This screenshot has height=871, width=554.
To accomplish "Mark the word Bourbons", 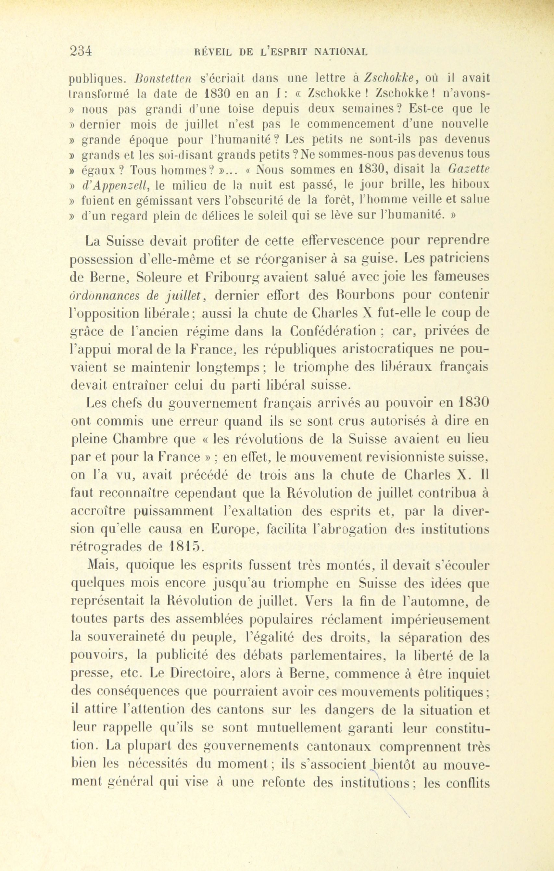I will pyautogui.click(x=366, y=295).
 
